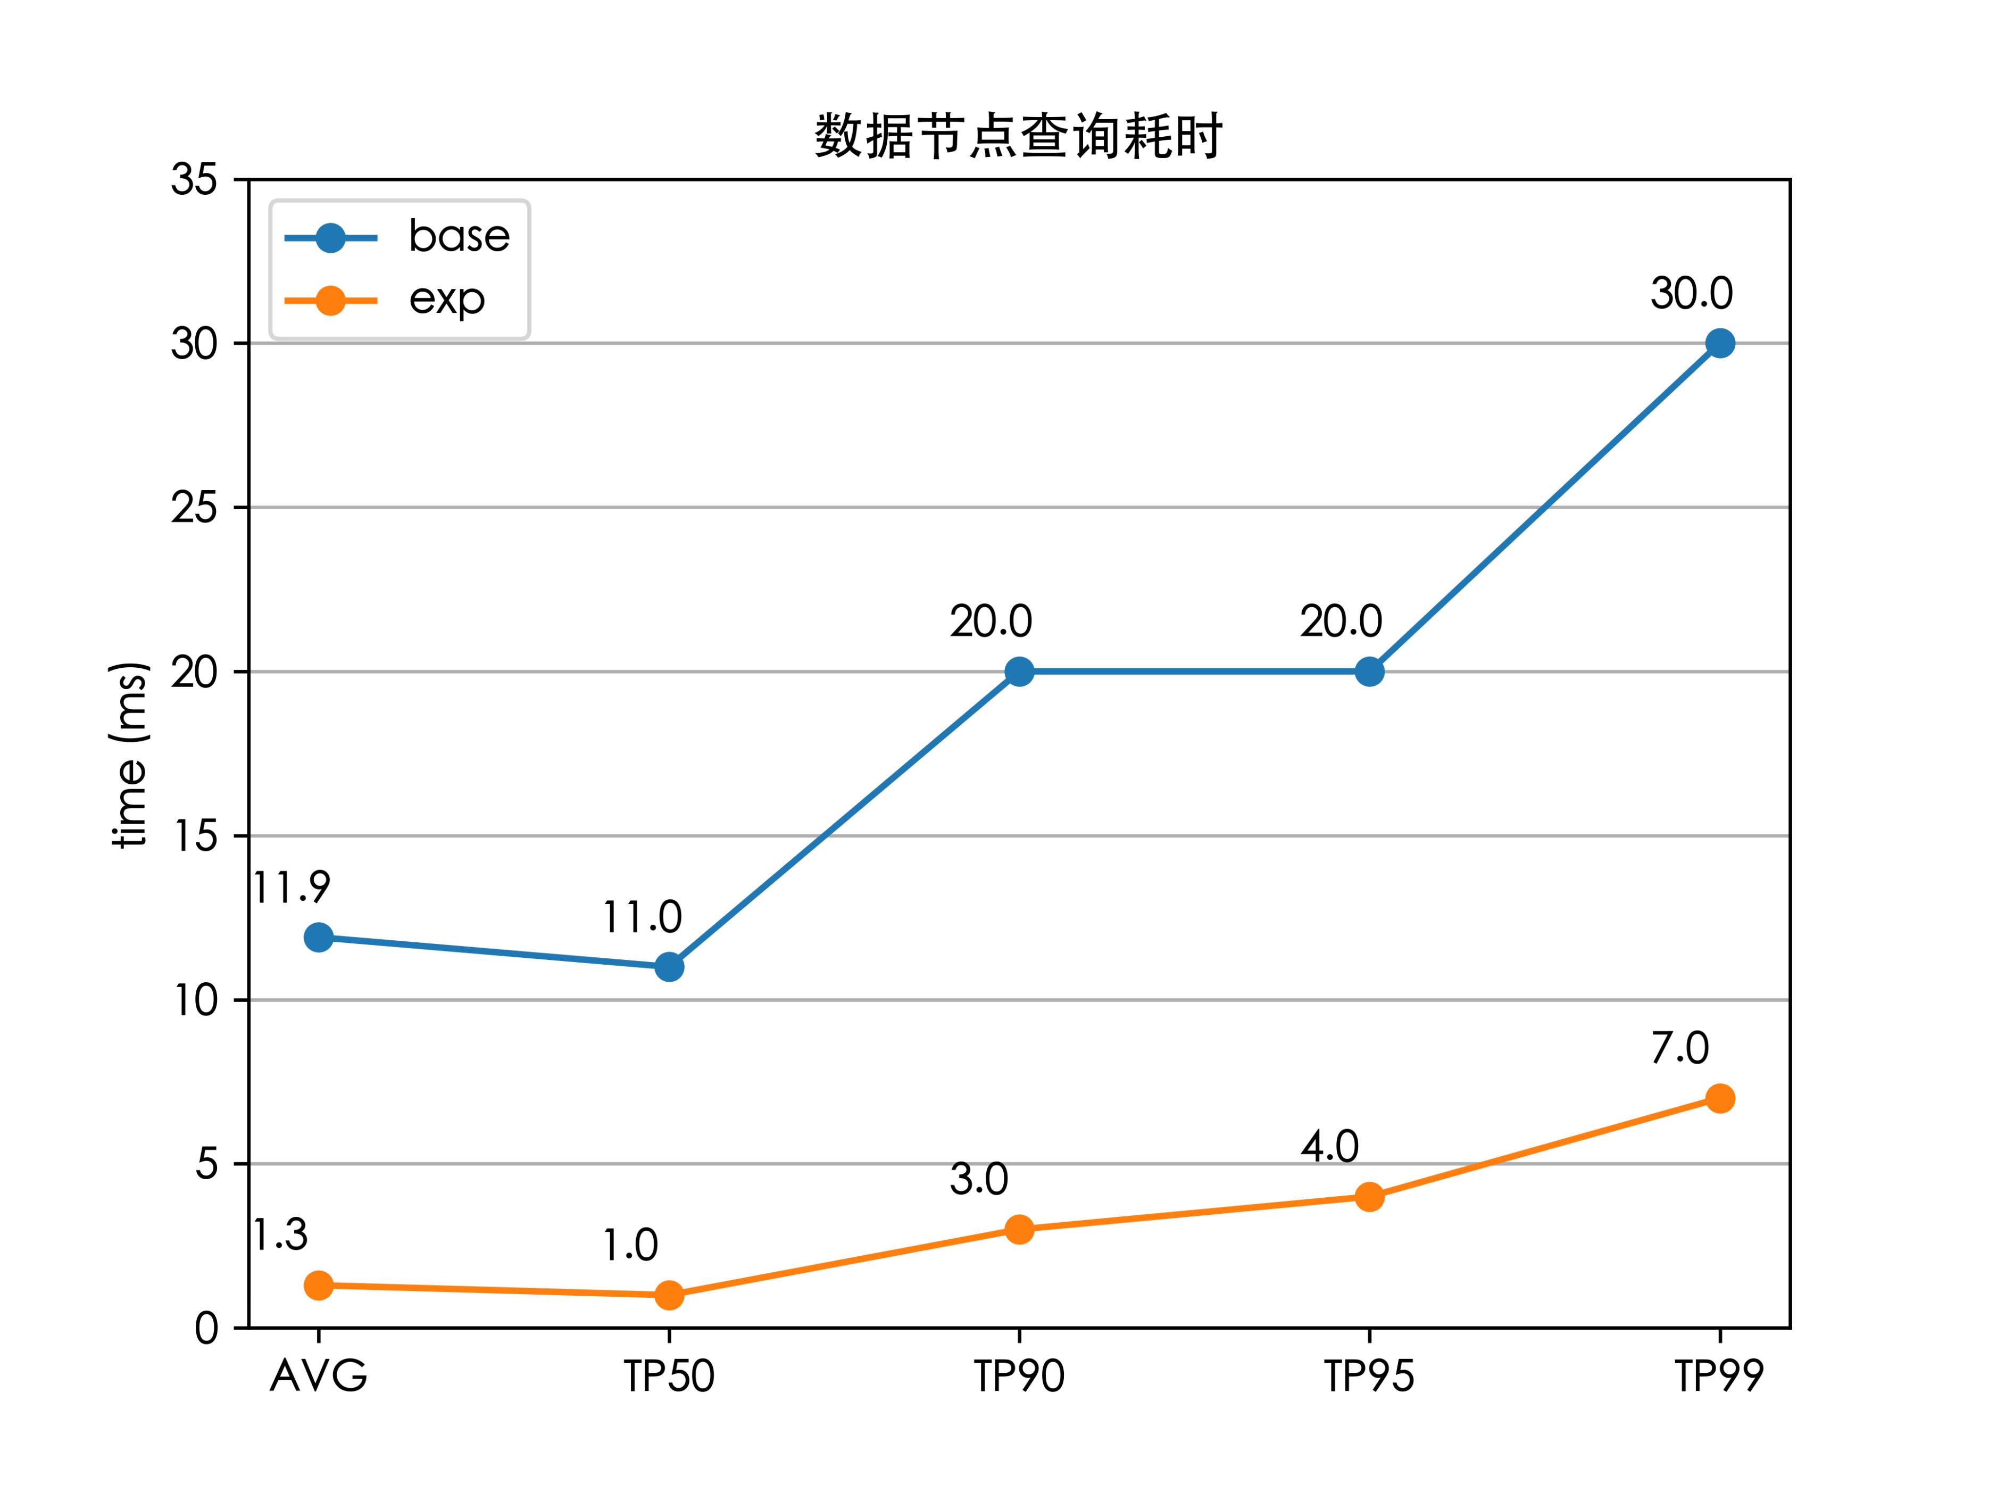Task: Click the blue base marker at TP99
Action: (1719, 344)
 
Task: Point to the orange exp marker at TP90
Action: (1019, 1229)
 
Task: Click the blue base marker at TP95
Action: (1369, 672)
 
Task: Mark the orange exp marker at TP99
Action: (1719, 1098)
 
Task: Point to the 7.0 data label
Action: (1680, 1049)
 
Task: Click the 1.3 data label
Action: (280, 1236)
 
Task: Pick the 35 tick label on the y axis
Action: (194, 180)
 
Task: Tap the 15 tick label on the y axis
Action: (194, 836)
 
